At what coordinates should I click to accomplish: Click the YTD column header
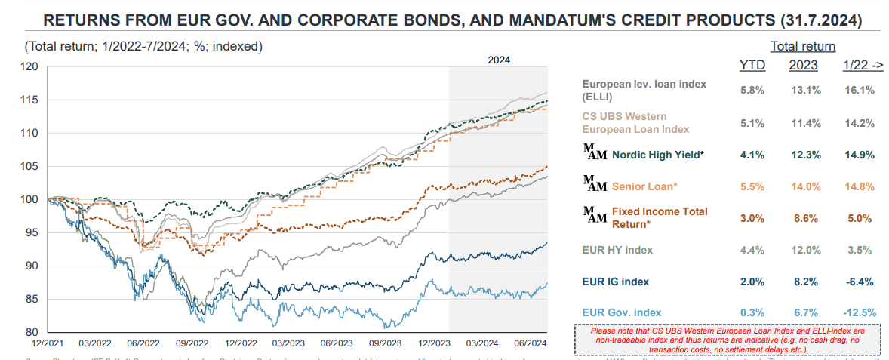click(752, 66)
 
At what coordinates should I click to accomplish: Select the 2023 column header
click(804, 66)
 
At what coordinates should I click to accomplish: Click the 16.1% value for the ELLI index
click(859, 90)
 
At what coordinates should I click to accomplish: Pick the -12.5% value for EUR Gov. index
click(859, 312)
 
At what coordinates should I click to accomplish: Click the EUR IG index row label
click(616, 282)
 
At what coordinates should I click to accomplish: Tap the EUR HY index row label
click(617, 250)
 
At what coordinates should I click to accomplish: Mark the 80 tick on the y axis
click(32, 332)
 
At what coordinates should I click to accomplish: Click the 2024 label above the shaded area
click(499, 60)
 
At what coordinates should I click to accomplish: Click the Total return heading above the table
click(803, 46)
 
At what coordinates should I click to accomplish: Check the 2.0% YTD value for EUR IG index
click(752, 282)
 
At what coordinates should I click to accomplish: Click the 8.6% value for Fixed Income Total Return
click(804, 217)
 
